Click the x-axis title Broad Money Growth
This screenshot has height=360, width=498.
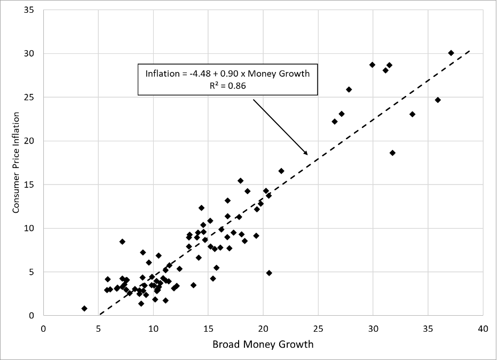pyautogui.click(x=263, y=344)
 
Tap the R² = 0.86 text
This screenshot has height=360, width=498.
pyautogui.click(x=227, y=85)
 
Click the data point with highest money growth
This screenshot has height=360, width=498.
pyautogui.click(x=451, y=53)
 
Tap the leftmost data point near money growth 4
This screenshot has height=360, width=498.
pyautogui.click(x=84, y=308)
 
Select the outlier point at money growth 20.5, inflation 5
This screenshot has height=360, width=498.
pyautogui.click(x=269, y=273)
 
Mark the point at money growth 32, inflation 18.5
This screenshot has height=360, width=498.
pyautogui.click(x=392, y=153)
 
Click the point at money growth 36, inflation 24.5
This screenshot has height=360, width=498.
pyautogui.click(x=438, y=100)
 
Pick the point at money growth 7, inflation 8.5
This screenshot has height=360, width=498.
pyautogui.click(x=122, y=242)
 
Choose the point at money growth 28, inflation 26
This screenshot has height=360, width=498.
pyautogui.click(x=349, y=89)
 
